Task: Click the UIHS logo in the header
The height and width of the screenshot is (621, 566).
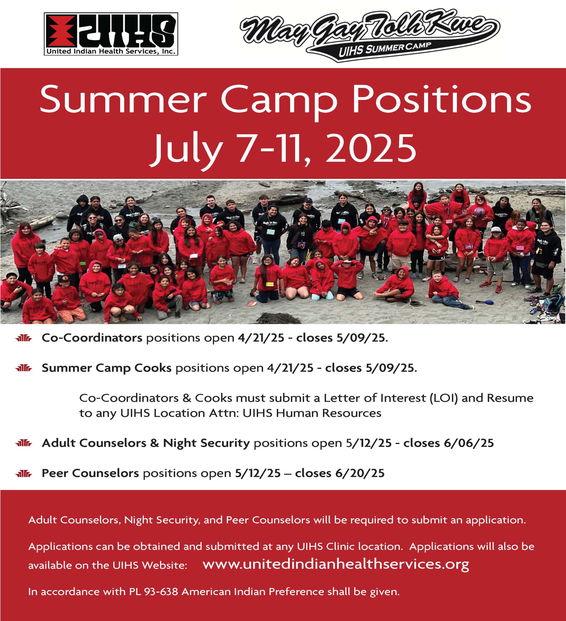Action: coord(111,34)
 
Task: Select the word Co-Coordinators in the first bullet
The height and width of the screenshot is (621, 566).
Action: coord(92,338)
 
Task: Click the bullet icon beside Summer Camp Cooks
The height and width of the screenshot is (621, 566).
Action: coord(24,368)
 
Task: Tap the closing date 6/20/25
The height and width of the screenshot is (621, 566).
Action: coord(360,473)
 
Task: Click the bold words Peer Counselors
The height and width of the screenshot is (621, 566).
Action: coord(90,473)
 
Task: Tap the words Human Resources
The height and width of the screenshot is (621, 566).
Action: coord(328,413)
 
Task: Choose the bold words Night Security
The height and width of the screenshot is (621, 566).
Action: coord(206,443)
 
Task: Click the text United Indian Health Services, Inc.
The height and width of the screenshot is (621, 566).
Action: coord(111,51)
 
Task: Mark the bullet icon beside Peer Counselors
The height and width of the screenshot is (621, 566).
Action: coord(24,474)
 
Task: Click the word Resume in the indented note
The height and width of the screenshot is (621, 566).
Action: coord(510,398)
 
